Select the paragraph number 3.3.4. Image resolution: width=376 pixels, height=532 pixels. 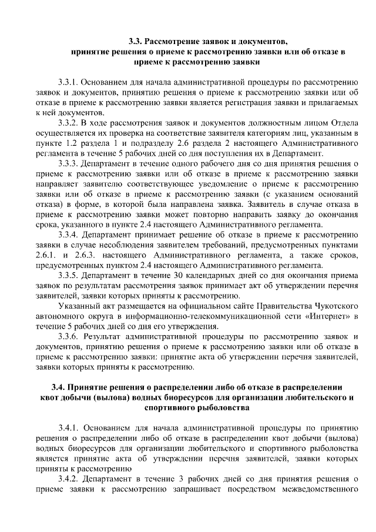73,235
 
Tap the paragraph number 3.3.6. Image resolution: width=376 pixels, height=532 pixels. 73,337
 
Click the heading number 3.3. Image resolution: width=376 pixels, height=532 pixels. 137,42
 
